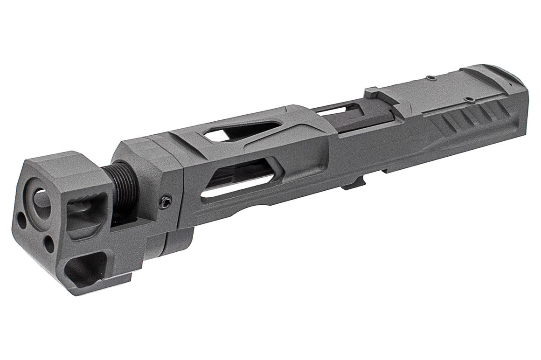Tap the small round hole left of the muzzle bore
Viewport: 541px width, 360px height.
pyautogui.click(x=22, y=218)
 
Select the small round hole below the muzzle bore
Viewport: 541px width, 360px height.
pyautogui.click(x=49, y=242)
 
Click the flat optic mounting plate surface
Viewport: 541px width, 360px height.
pyautogui.click(x=429, y=91)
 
